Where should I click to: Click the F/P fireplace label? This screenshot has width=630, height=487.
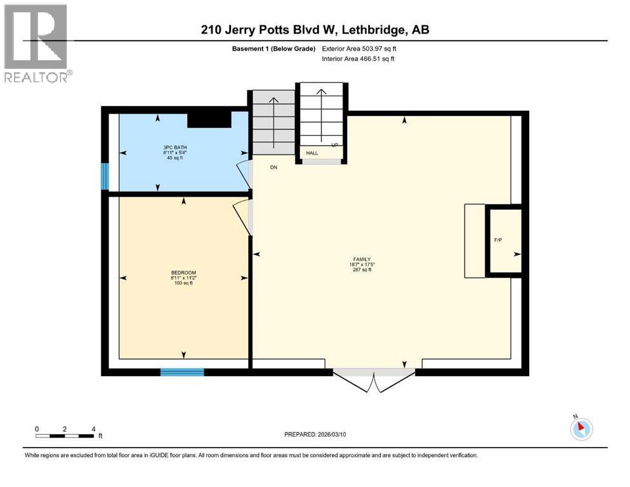pos(498,240)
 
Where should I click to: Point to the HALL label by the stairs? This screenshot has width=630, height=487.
pos(312,153)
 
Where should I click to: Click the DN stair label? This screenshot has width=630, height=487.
pos(274,167)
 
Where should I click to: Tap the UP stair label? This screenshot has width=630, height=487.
pos(333,145)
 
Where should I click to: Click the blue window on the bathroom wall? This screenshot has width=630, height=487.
pos(105,176)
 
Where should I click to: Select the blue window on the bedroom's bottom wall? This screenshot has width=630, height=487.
pos(182,372)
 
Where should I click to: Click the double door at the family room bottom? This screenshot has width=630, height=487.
pos(374,379)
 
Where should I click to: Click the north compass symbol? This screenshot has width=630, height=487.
pos(581,428)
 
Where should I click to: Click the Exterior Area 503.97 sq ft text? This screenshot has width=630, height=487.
pos(360,48)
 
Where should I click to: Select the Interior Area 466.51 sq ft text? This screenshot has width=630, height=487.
pos(358,58)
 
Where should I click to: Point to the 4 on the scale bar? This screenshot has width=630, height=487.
pos(93,429)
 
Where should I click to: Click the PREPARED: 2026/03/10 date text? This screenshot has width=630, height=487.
pos(315,434)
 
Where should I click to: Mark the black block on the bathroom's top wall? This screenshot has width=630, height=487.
pos(209,119)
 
